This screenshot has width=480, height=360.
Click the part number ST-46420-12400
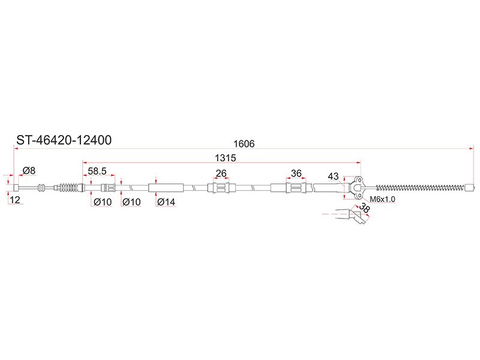64,140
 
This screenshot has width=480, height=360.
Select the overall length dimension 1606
244,143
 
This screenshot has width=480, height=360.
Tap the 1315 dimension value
226,158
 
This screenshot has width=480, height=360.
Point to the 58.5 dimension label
97,171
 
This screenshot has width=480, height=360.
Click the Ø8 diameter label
29,170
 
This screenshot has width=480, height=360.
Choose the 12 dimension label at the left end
14,200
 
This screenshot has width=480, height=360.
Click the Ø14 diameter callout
166,202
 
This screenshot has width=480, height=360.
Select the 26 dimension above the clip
221,173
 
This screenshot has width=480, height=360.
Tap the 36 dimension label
296,173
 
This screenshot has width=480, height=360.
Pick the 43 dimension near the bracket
333,176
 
